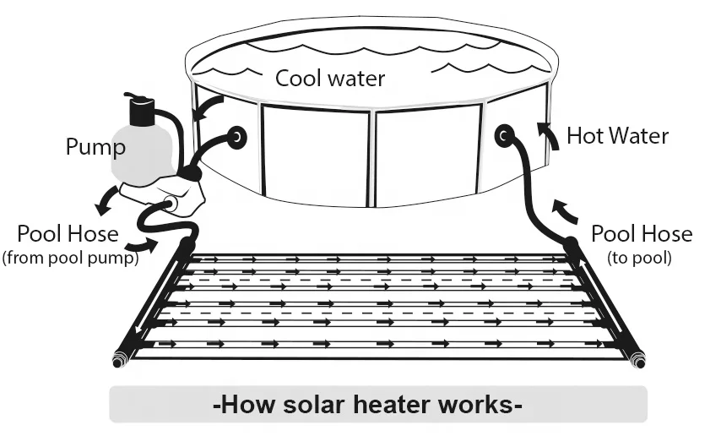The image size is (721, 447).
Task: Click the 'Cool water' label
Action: [330, 79]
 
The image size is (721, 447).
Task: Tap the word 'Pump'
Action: [95, 148]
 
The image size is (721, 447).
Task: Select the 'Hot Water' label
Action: [617, 135]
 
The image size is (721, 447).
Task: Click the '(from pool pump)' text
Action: [71, 259]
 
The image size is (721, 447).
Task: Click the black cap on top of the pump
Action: [141, 109]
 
